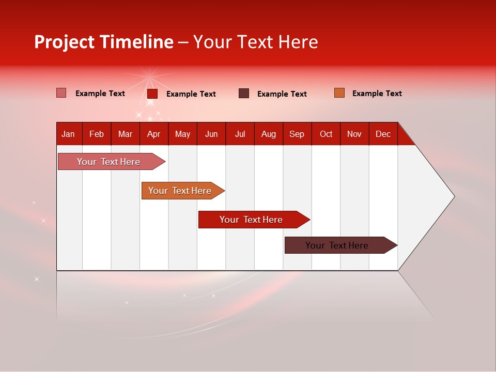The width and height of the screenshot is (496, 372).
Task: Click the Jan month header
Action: coord(68,134)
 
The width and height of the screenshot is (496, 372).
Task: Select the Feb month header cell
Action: coord(97,134)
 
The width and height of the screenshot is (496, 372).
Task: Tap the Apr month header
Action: coord(153,134)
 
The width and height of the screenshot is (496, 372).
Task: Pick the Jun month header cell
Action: coord(211,134)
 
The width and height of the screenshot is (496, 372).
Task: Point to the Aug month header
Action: coord(269,134)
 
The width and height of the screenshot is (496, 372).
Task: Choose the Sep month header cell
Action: coord(297,134)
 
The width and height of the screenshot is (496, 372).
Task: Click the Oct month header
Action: coord(326,134)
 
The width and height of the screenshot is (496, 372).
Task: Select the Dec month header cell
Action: coord(383,134)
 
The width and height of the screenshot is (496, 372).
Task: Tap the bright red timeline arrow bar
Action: coord(252,220)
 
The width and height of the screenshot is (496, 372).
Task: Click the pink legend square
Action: coord(61,93)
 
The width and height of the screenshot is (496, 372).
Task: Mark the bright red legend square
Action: coord(152,94)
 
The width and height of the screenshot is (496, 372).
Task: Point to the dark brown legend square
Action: coord(244,94)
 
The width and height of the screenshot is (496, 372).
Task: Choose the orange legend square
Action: coord(339,93)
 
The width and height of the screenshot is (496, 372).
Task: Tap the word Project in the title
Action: coord(64,42)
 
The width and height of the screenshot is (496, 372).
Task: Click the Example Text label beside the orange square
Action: coord(377,94)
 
